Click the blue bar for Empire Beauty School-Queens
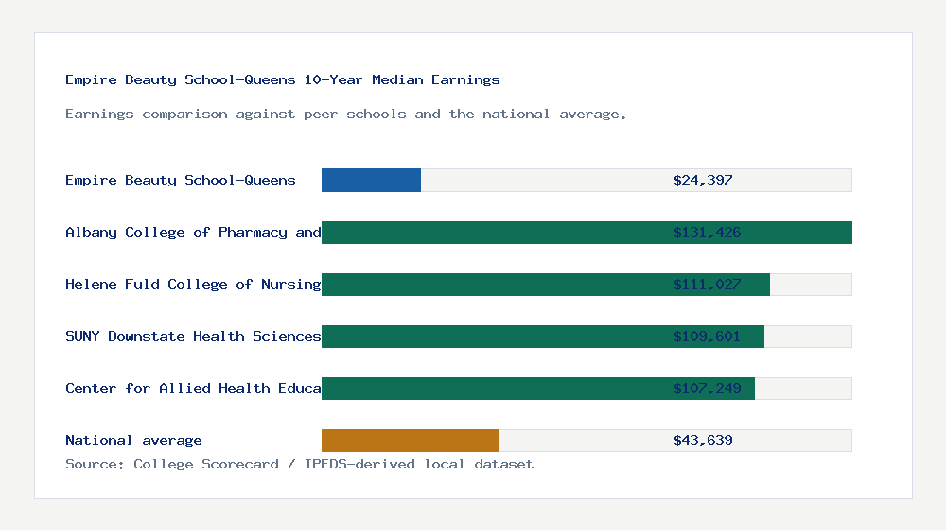(x=371, y=180)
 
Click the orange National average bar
(x=410, y=440)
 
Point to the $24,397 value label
(x=703, y=180)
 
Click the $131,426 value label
(x=707, y=232)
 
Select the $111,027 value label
(x=707, y=284)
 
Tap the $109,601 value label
(x=707, y=336)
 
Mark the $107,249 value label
(x=707, y=388)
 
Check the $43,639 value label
(x=703, y=440)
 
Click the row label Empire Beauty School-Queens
(x=181, y=180)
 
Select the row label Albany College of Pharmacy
(x=193, y=232)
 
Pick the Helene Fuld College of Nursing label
(x=193, y=284)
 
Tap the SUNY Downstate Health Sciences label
(x=193, y=336)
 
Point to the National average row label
(x=133, y=440)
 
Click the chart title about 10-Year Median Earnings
(x=283, y=79)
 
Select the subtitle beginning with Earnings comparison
(x=346, y=114)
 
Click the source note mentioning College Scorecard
(x=299, y=464)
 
